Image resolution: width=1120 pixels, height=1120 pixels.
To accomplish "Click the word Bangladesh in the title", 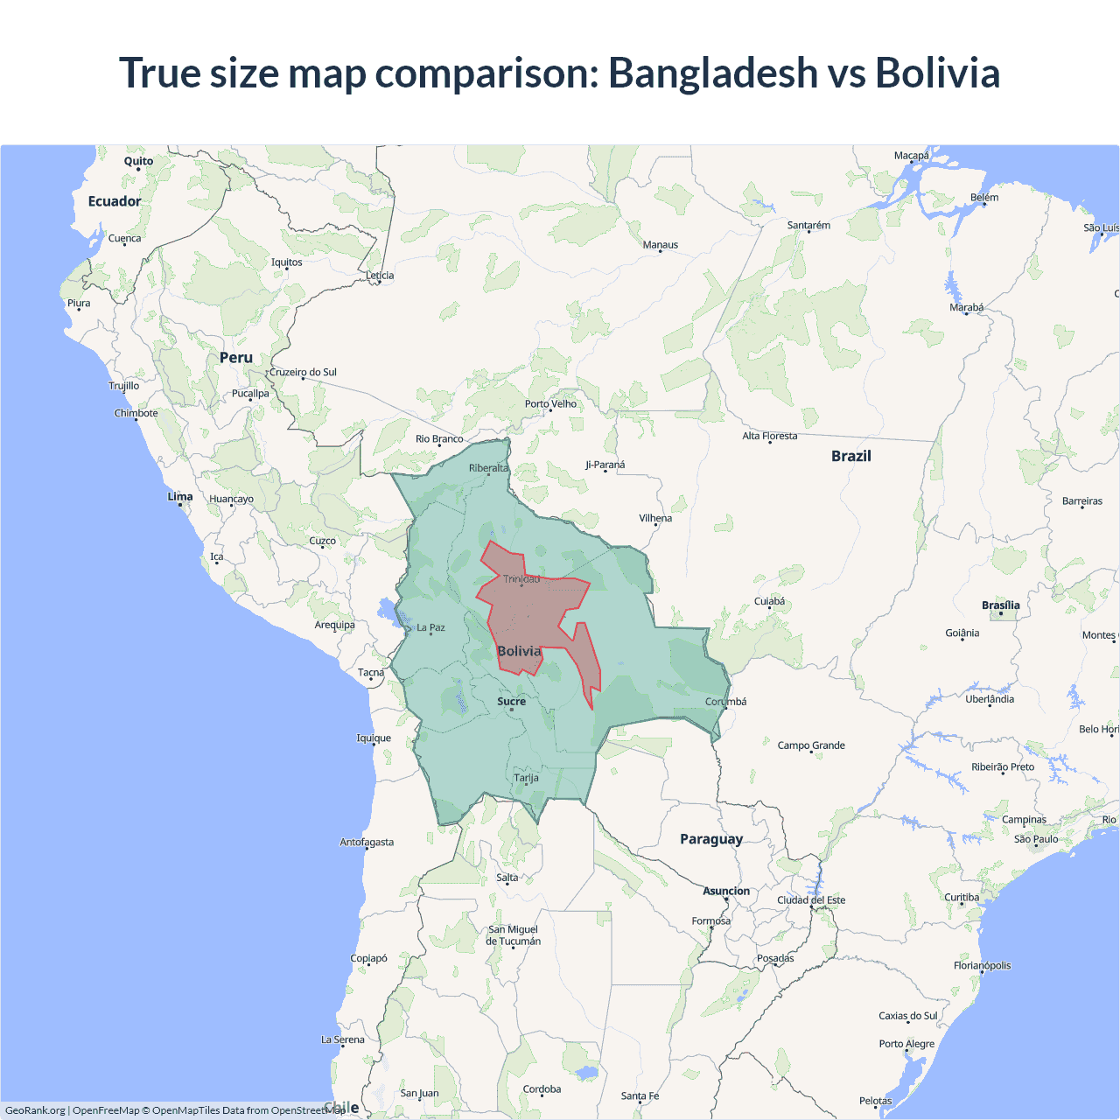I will pos(712,73).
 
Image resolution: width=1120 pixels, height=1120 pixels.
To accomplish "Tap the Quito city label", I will pos(138,161).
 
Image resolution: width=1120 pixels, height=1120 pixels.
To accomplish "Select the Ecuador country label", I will pos(114,201).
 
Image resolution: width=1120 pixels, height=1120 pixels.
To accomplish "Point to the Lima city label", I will pos(180,496).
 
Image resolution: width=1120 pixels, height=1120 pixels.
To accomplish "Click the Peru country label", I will pos(236,358).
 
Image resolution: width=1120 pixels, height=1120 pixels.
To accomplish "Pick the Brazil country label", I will pos(850,456).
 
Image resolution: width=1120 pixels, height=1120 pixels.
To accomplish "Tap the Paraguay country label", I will pos(711,839).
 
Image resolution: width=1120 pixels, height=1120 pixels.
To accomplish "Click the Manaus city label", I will pos(661,245).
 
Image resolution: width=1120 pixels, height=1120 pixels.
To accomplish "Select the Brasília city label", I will pos(1000,605).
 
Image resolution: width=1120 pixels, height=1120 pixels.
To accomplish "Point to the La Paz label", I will pos(430,627).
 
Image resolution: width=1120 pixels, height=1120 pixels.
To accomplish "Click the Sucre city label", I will pos(512,701).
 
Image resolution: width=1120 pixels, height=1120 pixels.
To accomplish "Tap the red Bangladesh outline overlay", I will pos(534,612).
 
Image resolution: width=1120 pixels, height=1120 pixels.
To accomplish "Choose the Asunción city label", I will pos(726,891).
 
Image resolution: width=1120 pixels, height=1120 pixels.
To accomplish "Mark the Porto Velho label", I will pos(550,403).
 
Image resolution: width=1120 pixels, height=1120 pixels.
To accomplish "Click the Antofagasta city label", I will pos(367,842).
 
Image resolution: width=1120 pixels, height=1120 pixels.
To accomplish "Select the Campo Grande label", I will pos(811,745).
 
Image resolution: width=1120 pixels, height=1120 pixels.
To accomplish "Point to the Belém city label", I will pos(984,197).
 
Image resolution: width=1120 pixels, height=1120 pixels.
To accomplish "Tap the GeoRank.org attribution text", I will pos(35,1110).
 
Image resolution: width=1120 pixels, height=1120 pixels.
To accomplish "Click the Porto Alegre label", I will pos(906,1043).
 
